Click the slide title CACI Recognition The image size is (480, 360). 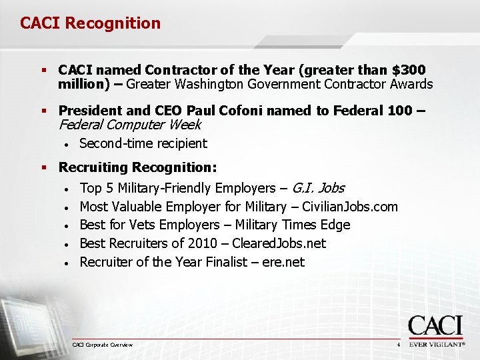90,23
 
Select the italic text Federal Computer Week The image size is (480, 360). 130,125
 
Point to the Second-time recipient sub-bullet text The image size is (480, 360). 143,143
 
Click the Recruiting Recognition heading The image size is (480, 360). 137,167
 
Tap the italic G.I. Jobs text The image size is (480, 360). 318,188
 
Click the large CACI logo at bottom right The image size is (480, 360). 435,327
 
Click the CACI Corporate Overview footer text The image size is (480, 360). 103,345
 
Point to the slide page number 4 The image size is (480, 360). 398,345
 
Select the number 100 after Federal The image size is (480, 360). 399,111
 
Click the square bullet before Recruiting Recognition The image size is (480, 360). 44,167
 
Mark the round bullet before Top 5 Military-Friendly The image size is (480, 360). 67,189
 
